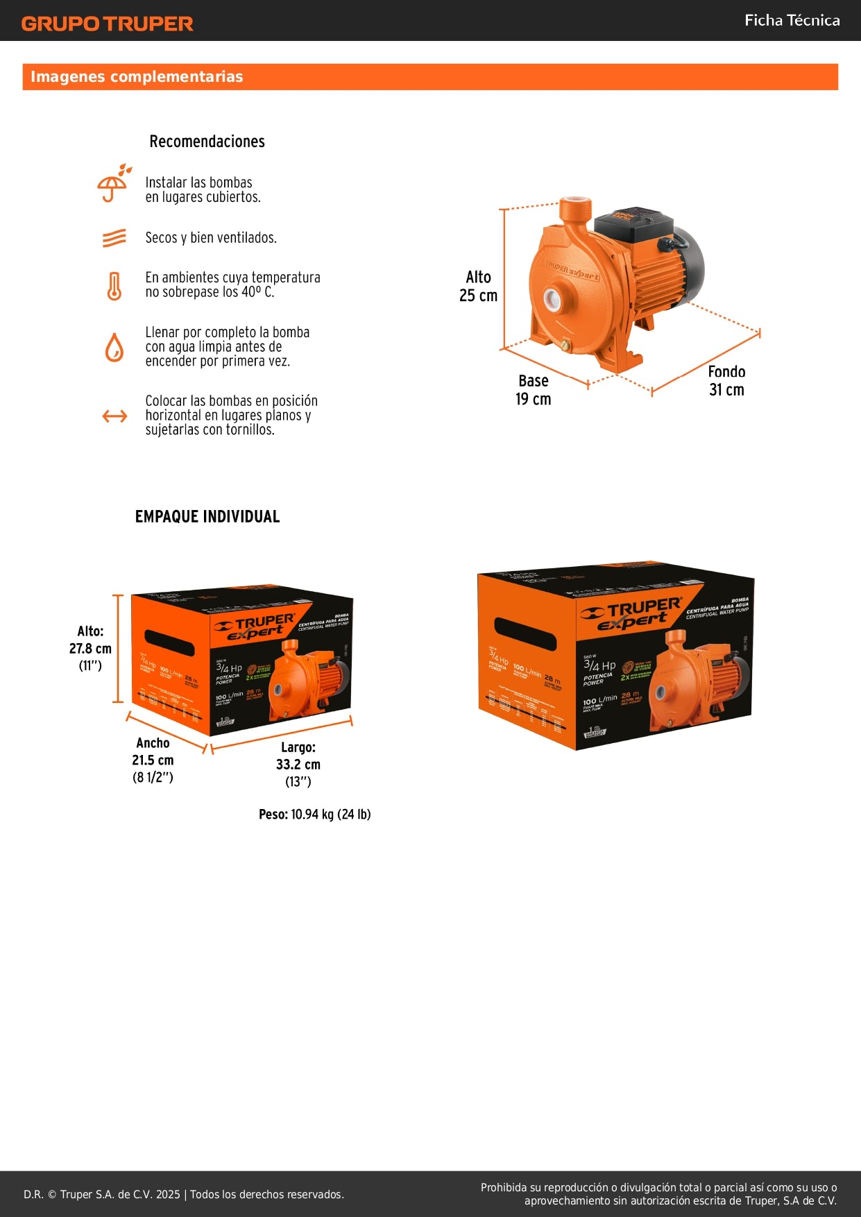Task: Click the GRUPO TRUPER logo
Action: click(x=107, y=24)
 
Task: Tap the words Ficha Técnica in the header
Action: click(x=792, y=21)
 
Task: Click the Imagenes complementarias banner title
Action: click(x=137, y=77)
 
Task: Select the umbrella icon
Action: click(x=113, y=185)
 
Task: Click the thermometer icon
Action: click(x=114, y=286)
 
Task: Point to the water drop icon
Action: click(x=114, y=347)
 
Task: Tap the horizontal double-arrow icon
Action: click(x=114, y=416)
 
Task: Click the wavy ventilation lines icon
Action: click(x=114, y=238)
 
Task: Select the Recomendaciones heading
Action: click(x=207, y=142)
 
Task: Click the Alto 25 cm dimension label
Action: click(x=478, y=287)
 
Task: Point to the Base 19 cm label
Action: click(x=533, y=390)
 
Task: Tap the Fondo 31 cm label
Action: click(x=726, y=381)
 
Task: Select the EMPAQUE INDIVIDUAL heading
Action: click(x=207, y=517)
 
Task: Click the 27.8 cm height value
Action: click(x=90, y=649)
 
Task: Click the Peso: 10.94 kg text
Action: click(x=314, y=815)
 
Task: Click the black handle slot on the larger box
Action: click(x=525, y=633)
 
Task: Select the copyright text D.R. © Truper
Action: click(x=183, y=1194)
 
